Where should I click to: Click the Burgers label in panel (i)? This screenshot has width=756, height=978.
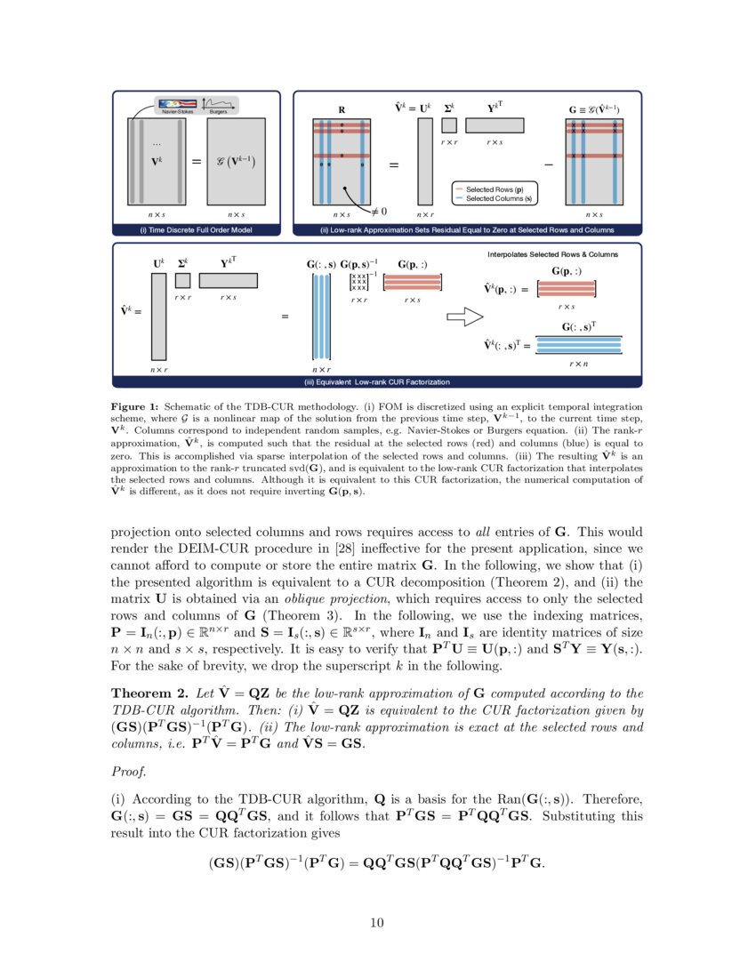218,111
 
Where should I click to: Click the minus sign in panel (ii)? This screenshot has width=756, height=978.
548,166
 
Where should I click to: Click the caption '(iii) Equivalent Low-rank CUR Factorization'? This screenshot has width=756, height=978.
377,382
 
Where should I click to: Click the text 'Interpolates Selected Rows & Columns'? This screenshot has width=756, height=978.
552,254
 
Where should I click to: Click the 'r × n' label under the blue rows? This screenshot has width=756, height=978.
578,364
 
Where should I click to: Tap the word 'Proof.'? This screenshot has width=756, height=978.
127,758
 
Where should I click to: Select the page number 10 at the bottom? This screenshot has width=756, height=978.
377,922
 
